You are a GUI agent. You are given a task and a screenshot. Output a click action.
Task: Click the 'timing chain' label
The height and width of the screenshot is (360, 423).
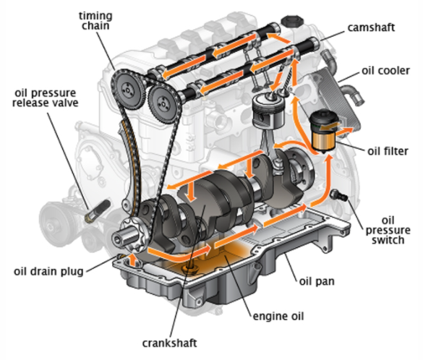click(95, 21)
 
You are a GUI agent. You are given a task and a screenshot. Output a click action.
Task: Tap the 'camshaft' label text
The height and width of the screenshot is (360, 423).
click(371, 27)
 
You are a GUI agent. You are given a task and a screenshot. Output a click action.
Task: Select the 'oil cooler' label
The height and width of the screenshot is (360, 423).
click(385, 71)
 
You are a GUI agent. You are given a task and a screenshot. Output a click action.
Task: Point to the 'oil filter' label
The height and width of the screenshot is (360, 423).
click(388, 151)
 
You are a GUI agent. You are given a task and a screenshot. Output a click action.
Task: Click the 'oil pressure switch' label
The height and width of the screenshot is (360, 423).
click(388, 231)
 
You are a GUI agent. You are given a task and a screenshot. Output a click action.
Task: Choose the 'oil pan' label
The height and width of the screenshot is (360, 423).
click(317, 281)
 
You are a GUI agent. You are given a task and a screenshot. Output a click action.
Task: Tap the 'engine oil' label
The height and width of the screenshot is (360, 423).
click(278, 317)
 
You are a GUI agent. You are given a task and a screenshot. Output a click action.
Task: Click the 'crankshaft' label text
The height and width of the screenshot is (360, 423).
click(169, 343)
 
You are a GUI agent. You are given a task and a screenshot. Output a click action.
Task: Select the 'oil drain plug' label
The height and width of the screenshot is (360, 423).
click(48, 272)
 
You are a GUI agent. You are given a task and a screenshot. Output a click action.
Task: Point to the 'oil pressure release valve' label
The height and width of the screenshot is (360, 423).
click(46, 98)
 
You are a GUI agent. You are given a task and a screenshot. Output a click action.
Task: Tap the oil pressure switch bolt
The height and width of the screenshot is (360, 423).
click(339, 195)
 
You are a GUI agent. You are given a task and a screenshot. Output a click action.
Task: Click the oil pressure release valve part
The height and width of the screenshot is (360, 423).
click(98, 211)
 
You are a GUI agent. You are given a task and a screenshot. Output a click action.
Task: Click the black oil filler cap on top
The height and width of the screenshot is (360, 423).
click(292, 21)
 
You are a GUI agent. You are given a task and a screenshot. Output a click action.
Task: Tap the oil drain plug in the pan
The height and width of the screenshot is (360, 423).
click(190, 269)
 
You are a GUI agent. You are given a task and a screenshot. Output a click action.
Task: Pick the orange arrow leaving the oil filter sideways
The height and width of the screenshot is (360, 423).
click(343, 131)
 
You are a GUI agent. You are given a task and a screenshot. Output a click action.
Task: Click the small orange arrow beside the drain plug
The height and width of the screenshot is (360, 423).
click(132, 260)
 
